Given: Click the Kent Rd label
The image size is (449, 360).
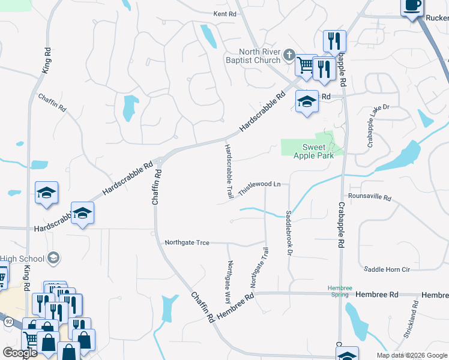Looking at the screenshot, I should [226, 14].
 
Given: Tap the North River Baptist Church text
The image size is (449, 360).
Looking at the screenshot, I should [259, 56].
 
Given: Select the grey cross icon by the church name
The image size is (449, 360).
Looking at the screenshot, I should [288, 56].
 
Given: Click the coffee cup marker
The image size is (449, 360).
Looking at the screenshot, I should [412, 6].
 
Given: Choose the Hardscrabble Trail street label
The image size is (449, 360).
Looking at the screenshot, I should [229, 172].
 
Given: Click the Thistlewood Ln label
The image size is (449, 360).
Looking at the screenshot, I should [261, 188].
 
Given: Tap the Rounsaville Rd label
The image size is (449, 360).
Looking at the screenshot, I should [369, 197].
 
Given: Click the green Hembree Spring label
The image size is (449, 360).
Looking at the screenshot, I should [340, 291].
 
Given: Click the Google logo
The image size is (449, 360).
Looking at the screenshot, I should [19, 353].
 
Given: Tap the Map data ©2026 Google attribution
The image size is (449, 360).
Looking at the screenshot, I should [412, 355].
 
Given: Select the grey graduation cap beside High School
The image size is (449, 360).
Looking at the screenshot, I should [53, 259].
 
